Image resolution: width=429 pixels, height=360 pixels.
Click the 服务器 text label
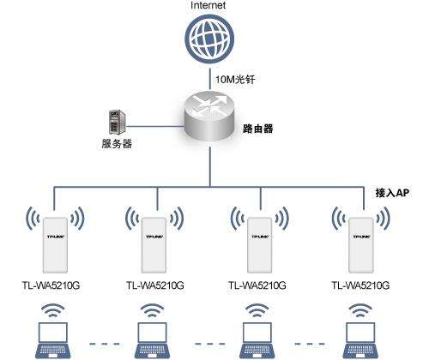click(x=116, y=144)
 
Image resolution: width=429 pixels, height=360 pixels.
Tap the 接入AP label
click(x=393, y=195)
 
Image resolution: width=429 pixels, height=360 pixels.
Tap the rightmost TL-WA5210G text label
click(x=360, y=285)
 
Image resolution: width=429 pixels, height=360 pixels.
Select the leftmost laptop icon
click(x=50, y=341)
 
